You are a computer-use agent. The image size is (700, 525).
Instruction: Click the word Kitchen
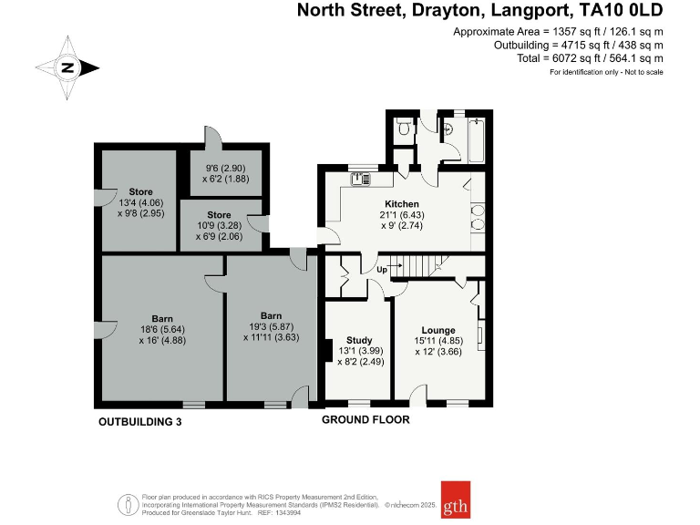pyautogui.click(x=401, y=203)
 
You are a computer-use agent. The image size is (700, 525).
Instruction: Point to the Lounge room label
pyautogui.click(x=437, y=330)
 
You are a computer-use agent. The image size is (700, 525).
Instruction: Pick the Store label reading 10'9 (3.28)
pyautogui.click(x=219, y=214)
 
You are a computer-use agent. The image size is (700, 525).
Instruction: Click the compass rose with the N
pyautogui.click(x=67, y=67)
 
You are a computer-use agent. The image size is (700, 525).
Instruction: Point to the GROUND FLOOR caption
pyautogui.click(x=365, y=420)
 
